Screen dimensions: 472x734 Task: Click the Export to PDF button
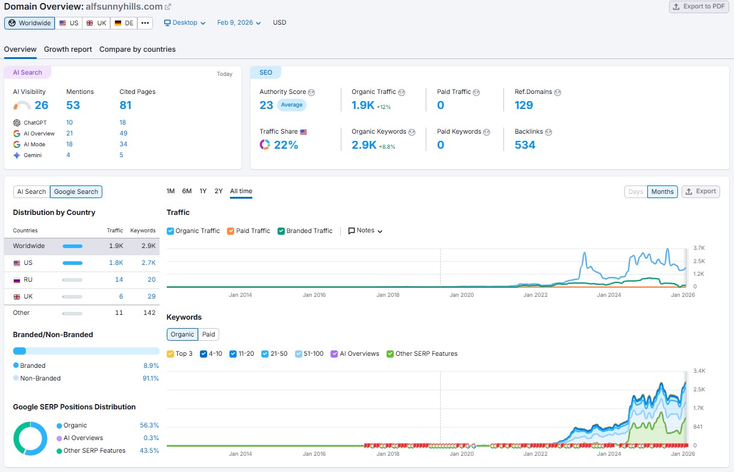pos(700,7)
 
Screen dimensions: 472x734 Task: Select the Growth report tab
pos(68,49)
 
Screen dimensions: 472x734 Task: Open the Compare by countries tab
pos(137,49)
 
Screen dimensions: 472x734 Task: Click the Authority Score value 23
pos(266,105)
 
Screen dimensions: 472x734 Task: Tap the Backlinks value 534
pos(524,145)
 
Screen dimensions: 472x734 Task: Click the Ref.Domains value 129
pos(523,105)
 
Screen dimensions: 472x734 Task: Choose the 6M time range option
pos(187,191)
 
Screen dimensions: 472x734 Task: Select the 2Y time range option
pos(219,191)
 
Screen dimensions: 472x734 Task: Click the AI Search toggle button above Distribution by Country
pos(31,192)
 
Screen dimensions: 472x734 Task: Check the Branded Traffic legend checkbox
pos(282,231)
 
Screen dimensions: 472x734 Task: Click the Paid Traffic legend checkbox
pos(231,231)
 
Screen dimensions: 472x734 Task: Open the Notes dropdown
pos(365,231)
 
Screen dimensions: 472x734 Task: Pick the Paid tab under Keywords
pos(208,335)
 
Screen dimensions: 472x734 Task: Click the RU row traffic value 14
pos(119,280)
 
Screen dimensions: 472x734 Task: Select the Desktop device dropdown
pos(185,23)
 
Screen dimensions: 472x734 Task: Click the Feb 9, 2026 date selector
pos(238,23)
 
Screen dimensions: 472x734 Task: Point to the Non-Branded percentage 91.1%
pos(151,379)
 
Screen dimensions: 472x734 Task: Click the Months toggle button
pos(662,192)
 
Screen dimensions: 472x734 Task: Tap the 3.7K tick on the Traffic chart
pos(699,248)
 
